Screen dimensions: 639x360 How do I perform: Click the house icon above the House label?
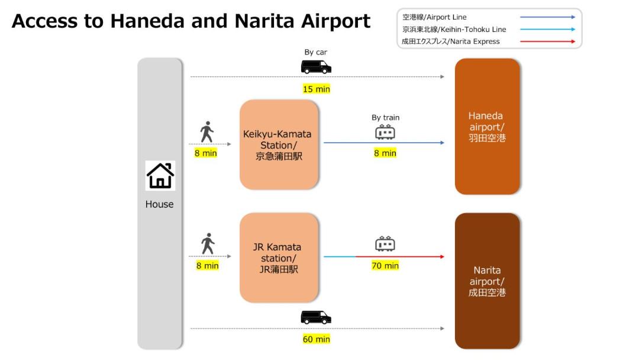(160, 176)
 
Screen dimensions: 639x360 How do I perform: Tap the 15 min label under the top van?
(316, 89)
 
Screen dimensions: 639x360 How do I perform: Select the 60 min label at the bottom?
(316, 339)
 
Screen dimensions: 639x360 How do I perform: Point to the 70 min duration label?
(385, 265)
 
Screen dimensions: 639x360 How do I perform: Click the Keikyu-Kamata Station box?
(279, 144)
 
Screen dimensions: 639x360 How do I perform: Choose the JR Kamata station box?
(279, 258)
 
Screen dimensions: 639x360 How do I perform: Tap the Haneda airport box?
(488, 126)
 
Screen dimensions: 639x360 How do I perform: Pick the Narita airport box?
(488, 281)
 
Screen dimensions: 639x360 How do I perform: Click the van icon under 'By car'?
(316, 67)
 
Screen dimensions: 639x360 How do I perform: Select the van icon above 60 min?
(316, 317)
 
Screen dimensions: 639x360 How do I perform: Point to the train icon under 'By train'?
(385, 132)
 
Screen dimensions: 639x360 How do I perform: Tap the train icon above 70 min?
(385, 243)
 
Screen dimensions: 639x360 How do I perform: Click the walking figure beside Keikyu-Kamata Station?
(207, 131)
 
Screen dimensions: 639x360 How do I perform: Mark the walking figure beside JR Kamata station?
(208, 244)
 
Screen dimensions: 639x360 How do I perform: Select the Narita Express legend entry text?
(451, 41)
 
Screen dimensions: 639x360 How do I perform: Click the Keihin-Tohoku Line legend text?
(454, 30)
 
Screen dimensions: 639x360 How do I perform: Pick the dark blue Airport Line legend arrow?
(548, 17)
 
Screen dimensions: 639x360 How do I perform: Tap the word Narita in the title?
(264, 21)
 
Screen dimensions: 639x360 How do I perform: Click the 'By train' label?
(386, 117)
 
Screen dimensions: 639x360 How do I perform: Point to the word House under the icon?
(159, 204)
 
